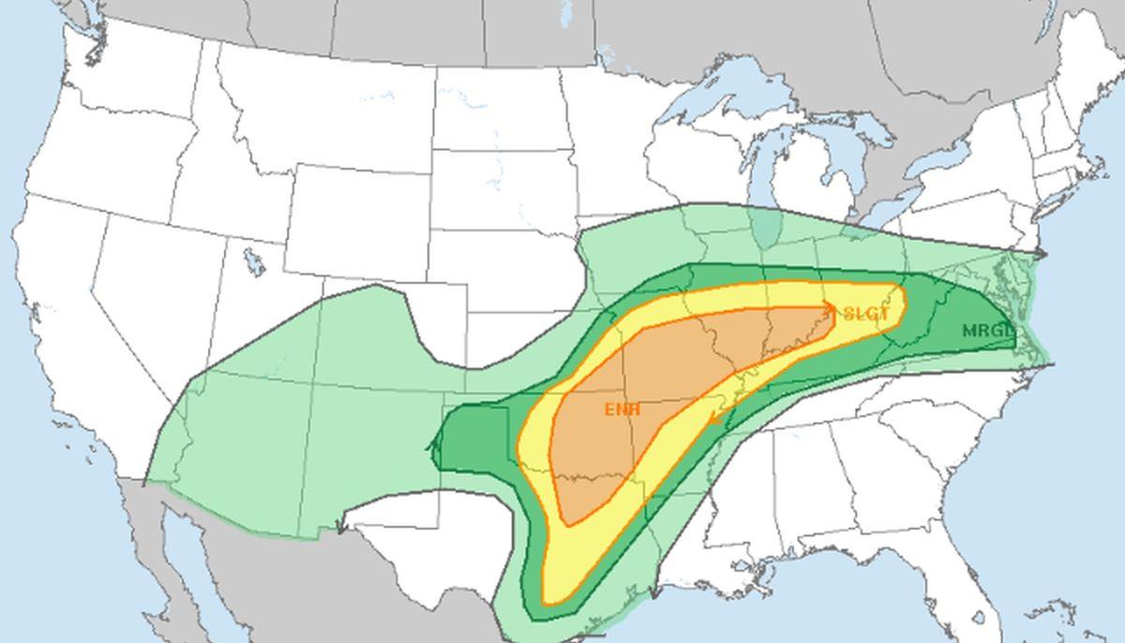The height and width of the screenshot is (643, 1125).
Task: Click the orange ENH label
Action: [622, 410]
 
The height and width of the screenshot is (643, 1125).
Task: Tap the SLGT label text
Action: [865, 314]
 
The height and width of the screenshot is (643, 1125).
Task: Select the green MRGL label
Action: [987, 331]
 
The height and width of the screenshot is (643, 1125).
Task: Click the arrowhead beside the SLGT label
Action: [831, 307]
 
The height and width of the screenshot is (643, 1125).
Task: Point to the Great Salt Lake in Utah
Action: [254, 262]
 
